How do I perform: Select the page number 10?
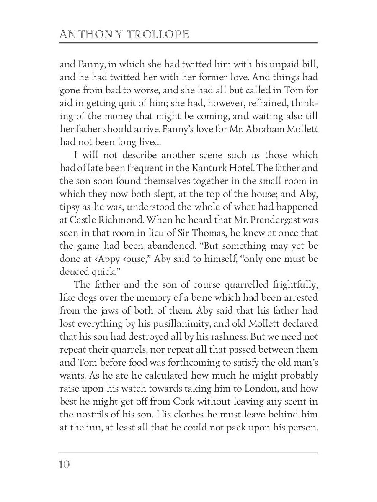click(65, 465)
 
